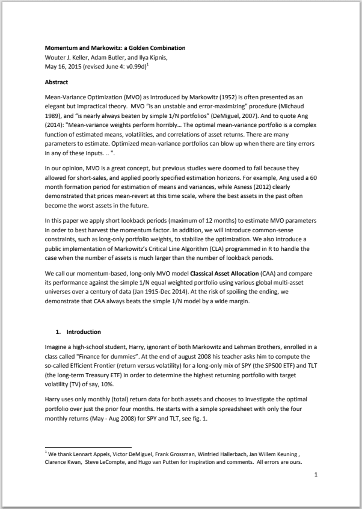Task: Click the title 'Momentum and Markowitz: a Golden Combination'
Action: click(115, 48)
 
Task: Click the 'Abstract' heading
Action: click(57, 81)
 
